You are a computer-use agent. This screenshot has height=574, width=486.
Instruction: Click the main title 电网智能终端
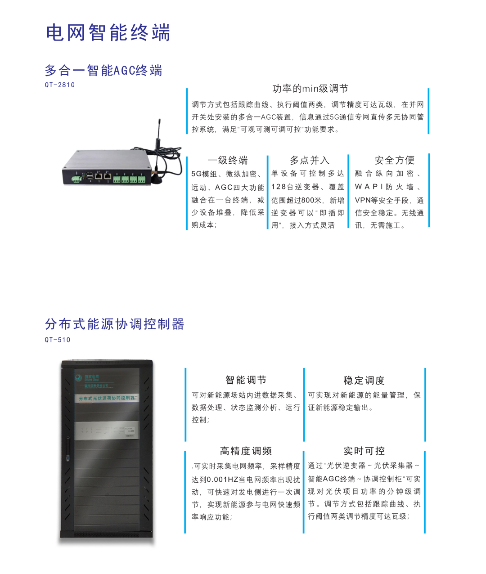tap(108, 33)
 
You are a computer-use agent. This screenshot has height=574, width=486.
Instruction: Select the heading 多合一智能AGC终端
tap(103, 71)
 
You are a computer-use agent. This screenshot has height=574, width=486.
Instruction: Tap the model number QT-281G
tap(60, 85)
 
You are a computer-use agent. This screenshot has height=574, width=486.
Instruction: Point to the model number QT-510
tap(58, 340)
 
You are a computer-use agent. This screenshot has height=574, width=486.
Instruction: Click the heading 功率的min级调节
tap(310, 89)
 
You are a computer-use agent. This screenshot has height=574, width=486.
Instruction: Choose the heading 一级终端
tap(228, 161)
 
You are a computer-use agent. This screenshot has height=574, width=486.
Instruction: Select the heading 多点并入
tap(310, 161)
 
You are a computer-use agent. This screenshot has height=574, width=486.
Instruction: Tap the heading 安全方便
tap(395, 161)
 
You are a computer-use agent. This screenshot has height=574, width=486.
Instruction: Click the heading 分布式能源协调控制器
tap(115, 324)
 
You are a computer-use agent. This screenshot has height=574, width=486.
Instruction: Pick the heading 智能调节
tap(246, 380)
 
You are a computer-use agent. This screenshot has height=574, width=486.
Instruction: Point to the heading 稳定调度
tap(364, 381)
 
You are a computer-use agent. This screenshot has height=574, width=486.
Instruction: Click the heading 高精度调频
tap(246, 451)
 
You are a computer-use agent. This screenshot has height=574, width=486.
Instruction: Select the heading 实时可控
tap(364, 451)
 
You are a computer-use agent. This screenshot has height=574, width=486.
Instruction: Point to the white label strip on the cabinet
tap(107, 399)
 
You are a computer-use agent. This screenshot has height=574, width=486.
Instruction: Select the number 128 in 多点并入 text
tap(279, 187)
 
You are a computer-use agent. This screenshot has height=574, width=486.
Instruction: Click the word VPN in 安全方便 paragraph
tap(363, 200)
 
